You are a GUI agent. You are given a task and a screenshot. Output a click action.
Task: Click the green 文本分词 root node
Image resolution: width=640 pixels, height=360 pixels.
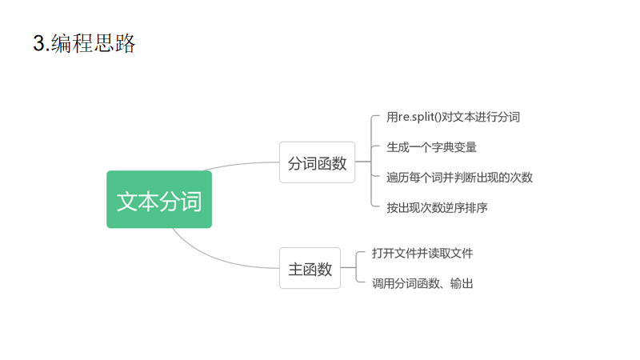(159, 199)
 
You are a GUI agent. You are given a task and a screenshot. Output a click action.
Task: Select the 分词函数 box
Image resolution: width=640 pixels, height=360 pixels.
(317, 162)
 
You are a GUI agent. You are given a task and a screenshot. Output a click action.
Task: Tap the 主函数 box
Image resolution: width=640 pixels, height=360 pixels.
(310, 269)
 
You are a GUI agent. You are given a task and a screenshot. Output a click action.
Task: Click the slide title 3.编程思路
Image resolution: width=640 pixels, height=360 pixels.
(84, 43)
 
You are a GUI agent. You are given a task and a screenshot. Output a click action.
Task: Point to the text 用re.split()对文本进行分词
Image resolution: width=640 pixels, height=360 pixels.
(453, 118)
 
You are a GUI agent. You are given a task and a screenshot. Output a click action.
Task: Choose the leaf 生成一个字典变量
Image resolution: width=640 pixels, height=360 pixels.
(432, 147)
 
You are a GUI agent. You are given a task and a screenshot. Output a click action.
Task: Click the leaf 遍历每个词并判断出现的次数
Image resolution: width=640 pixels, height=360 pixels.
(459, 178)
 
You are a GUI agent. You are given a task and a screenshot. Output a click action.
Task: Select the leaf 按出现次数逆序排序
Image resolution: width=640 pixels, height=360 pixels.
(437, 207)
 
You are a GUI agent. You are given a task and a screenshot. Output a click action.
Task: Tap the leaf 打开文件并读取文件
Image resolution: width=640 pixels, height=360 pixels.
(422, 254)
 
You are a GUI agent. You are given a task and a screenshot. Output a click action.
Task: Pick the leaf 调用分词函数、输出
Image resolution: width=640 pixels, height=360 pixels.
(422, 283)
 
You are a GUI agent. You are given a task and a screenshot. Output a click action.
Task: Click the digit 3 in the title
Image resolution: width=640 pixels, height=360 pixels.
(38, 44)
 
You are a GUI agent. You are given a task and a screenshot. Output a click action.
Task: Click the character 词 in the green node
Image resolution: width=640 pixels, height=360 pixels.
(191, 200)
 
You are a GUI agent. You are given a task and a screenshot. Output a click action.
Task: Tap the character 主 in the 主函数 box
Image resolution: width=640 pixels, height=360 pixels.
(295, 269)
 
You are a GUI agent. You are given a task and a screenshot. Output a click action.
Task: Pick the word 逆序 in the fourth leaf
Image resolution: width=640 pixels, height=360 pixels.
(459, 207)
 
